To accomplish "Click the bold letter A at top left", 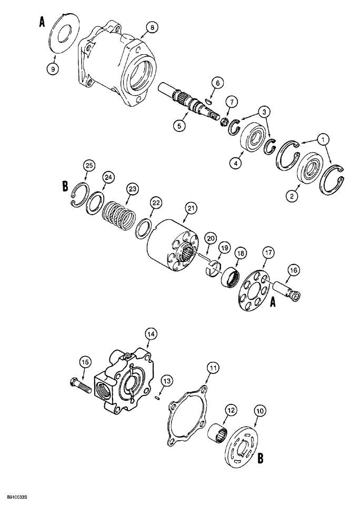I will [x=42, y=22].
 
